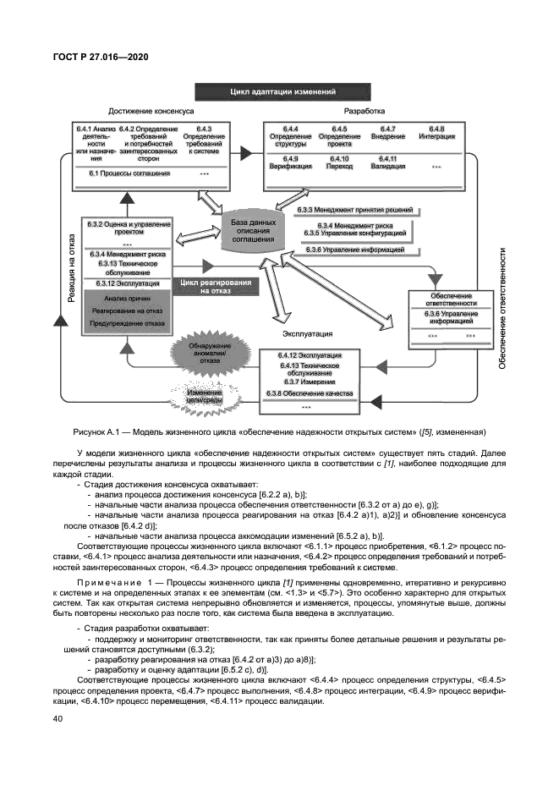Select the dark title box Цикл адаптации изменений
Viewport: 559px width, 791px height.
click(x=278, y=91)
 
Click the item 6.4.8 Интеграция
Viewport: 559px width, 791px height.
click(x=436, y=133)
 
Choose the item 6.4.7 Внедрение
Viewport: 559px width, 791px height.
click(x=387, y=133)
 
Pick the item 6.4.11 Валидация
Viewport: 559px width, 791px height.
click(x=387, y=163)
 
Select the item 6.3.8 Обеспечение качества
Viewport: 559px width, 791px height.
click(x=310, y=394)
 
